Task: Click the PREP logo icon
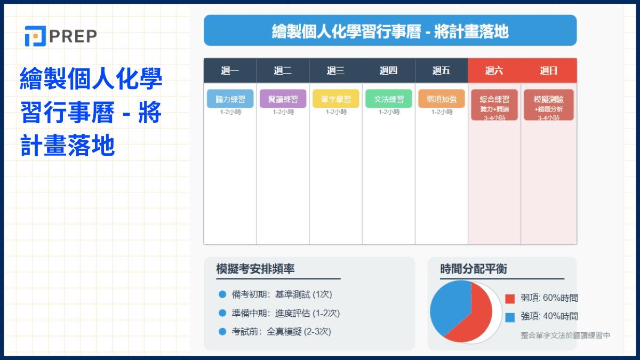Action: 34,36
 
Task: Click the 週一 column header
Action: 230,70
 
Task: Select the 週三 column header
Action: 335,70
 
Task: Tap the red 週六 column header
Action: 494,70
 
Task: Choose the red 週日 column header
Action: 548,70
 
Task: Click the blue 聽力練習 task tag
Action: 230,99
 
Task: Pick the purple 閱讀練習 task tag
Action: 283,99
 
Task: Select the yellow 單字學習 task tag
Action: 335,99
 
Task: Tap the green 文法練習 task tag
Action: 388,99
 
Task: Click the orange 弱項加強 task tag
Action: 441,99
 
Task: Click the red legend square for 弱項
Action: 510,299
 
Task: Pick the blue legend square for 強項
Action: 510,317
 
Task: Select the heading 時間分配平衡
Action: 473,269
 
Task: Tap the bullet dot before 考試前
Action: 222,332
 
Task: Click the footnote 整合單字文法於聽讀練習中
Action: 565,335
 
